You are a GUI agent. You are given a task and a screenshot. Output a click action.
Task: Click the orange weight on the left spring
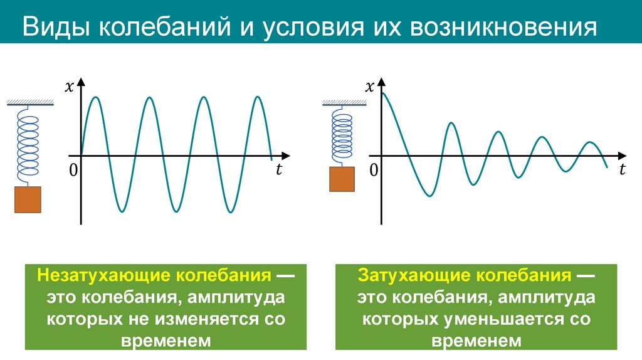point(28,199)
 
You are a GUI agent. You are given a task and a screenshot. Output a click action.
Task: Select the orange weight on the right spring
point(342,179)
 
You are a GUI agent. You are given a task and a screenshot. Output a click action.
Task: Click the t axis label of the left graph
point(278,169)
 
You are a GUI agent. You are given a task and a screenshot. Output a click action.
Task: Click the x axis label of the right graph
point(370,87)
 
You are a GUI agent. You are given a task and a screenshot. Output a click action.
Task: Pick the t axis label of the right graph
point(623,169)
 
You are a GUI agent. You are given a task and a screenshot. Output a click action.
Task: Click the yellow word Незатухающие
point(103,277)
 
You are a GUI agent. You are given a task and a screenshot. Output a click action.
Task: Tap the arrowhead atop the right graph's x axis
point(382,84)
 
